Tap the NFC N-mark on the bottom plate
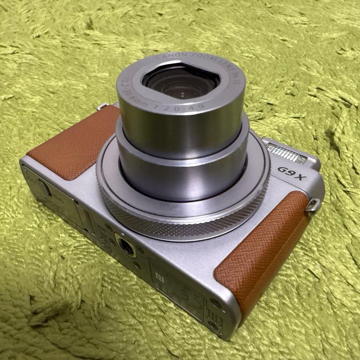(x=159, y=276)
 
